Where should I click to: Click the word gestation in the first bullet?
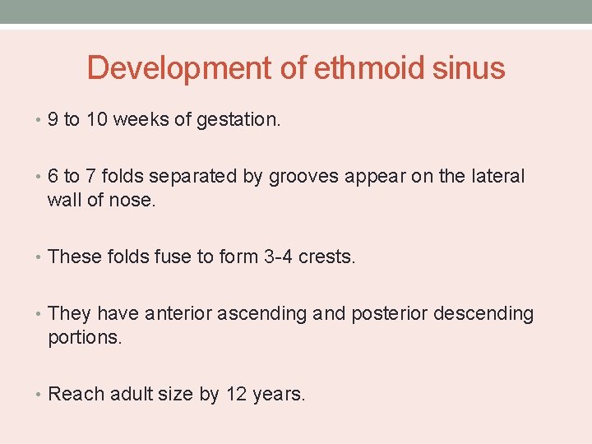pos(238,121)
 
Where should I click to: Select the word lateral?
pos(497,177)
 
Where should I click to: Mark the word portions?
pos(85,338)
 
